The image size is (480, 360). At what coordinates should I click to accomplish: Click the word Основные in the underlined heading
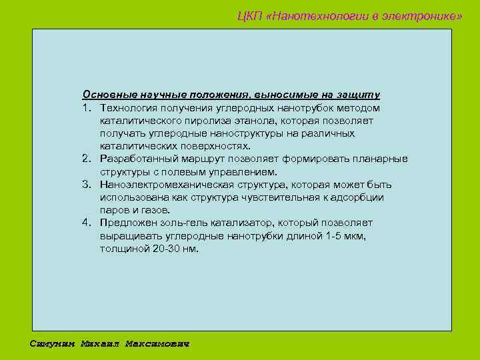(x=105, y=95)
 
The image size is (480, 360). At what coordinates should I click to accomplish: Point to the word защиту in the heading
(x=360, y=95)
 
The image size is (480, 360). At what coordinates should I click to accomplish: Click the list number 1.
(x=86, y=108)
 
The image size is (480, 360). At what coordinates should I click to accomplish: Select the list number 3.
(x=86, y=185)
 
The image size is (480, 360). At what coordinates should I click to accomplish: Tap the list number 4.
(x=86, y=223)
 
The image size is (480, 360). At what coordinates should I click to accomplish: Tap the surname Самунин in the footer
(x=53, y=344)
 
